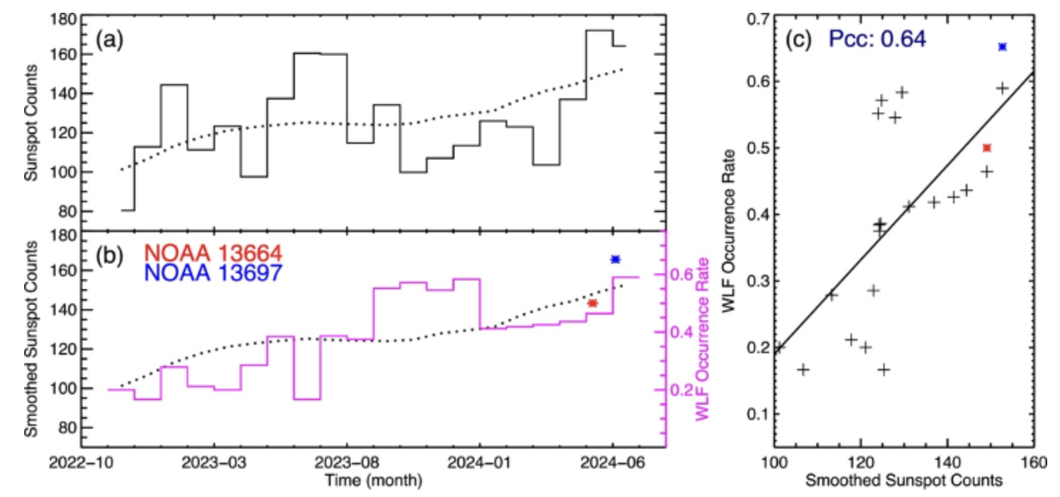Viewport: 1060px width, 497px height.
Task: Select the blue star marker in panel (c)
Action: pyautogui.click(x=1002, y=47)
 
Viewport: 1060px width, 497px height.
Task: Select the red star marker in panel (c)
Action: pyautogui.click(x=987, y=148)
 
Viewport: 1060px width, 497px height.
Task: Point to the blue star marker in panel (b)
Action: pyautogui.click(x=615, y=259)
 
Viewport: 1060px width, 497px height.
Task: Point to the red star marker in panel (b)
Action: pyautogui.click(x=592, y=303)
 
